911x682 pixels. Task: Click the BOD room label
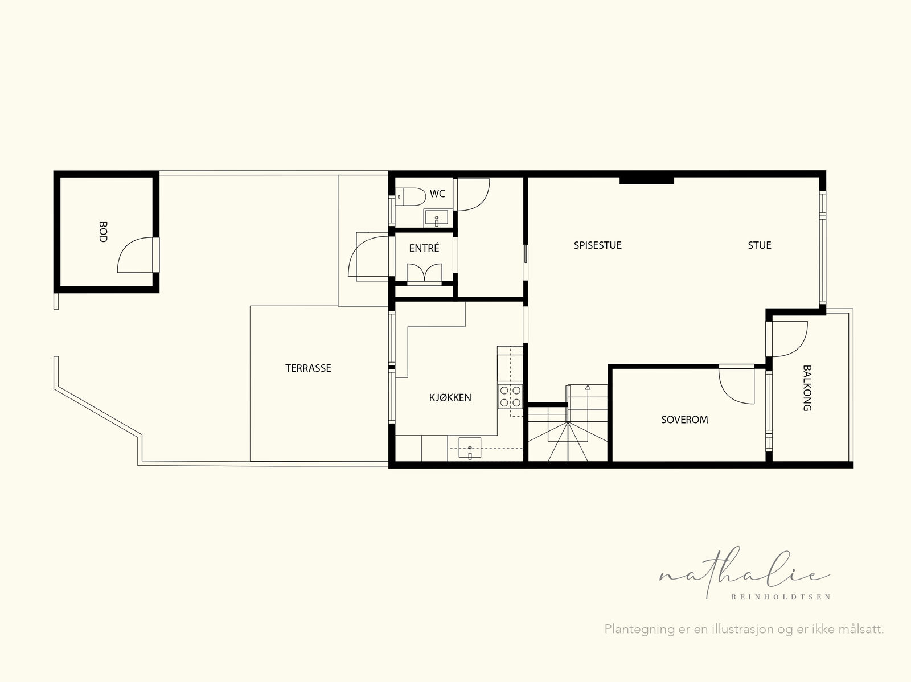[x=104, y=232]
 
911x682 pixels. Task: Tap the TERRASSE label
[x=308, y=368]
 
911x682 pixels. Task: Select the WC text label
[x=437, y=194]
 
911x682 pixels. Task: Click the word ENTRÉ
[x=424, y=248]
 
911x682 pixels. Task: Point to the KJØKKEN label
[x=450, y=398]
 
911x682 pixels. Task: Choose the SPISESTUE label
[x=598, y=245]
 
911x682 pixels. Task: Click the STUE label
[x=760, y=245]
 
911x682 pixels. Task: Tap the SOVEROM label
[x=684, y=420]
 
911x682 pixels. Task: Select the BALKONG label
[x=807, y=388]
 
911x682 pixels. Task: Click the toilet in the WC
[x=411, y=196]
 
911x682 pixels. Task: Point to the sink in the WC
[x=436, y=218]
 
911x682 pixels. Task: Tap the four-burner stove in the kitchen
[x=510, y=397]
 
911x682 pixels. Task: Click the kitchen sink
[x=470, y=447]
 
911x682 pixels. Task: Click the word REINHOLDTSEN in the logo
[x=781, y=597]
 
